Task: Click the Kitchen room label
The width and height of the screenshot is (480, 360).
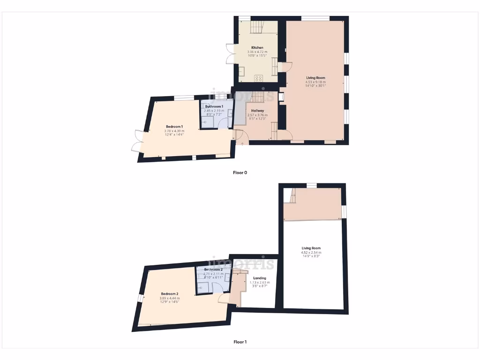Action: click(257, 48)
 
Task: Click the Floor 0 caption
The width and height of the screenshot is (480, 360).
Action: click(240, 172)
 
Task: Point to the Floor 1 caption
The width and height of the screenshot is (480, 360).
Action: click(240, 342)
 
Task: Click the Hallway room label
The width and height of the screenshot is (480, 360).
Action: click(257, 111)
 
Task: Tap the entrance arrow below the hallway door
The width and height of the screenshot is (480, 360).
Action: click(242, 144)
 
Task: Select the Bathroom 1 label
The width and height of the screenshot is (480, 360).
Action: click(214, 106)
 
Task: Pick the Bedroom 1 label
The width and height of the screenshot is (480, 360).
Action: click(174, 127)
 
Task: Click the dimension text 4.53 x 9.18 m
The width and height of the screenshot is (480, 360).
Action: click(315, 82)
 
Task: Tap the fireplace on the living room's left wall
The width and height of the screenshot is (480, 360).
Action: click(281, 97)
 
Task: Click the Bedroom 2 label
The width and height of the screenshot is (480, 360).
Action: click(169, 294)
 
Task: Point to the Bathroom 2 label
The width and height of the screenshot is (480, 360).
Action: click(213, 270)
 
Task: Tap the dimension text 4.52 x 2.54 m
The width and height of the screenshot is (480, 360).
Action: click(311, 253)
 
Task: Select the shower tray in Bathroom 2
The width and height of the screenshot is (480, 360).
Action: click(204, 286)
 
